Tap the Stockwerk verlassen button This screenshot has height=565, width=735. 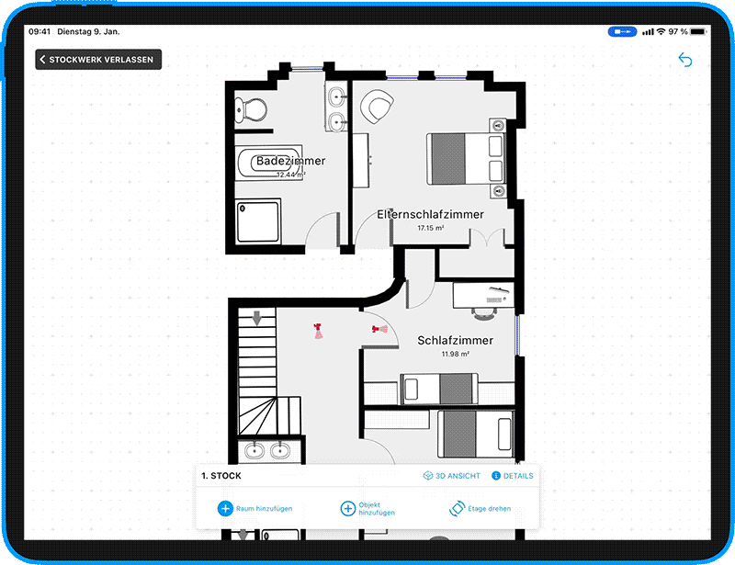pyautogui.click(x=98, y=60)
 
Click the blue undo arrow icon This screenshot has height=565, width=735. pyautogui.click(x=685, y=60)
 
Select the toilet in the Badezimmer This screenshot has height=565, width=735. pyautogui.click(x=251, y=110)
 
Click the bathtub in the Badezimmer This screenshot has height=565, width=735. pyautogui.click(x=268, y=163)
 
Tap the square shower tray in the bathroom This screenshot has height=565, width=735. pyautogui.click(x=258, y=221)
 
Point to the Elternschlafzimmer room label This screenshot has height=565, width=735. pyautogui.click(x=430, y=214)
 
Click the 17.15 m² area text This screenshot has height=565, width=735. pyautogui.click(x=430, y=228)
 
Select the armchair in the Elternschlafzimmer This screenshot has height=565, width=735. pyautogui.click(x=377, y=107)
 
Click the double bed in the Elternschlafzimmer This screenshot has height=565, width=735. pyautogui.click(x=467, y=159)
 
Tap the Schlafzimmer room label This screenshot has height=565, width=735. pyautogui.click(x=455, y=341)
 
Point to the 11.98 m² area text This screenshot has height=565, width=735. pyautogui.click(x=455, y=354)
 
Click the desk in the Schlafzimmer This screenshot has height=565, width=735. pyautogui.click(x=483, y=295)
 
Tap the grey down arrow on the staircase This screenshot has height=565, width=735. pyautogui.click(x=257, y=318)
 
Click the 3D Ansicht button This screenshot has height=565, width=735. pyautogui.click(x=452, y=476)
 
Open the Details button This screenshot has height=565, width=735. pyautogui.click(x=513, y=476)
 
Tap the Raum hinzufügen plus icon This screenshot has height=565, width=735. pyautogui.click(x=225, y=508)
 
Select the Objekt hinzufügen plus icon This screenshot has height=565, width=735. pyautogui.click(x=348, y=508)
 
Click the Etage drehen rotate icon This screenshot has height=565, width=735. pyautogui.click(x=457, y=508)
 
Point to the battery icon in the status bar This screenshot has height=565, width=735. pyautogui.click(x=698, y=31)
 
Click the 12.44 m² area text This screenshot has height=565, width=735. pyautogui.click(x=290, y=175)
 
